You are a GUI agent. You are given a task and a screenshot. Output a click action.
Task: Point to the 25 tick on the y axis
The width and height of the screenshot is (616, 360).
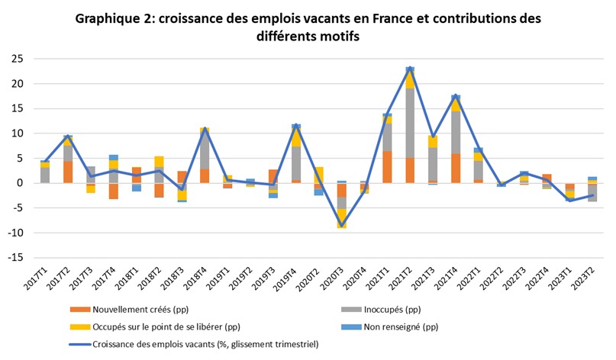click(16, 59)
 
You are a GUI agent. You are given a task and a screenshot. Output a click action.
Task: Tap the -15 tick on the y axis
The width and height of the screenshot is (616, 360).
click(15, 258)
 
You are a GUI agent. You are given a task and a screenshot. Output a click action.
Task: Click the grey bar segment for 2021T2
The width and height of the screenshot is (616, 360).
click(410, 122)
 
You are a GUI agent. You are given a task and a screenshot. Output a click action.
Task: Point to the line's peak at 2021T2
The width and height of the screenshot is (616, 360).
click(410, 69)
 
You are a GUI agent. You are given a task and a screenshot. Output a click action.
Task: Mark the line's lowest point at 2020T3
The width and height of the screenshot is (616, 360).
click(342, 225)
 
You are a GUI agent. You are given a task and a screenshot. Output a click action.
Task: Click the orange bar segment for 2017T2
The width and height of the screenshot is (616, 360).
click(68, 172)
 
